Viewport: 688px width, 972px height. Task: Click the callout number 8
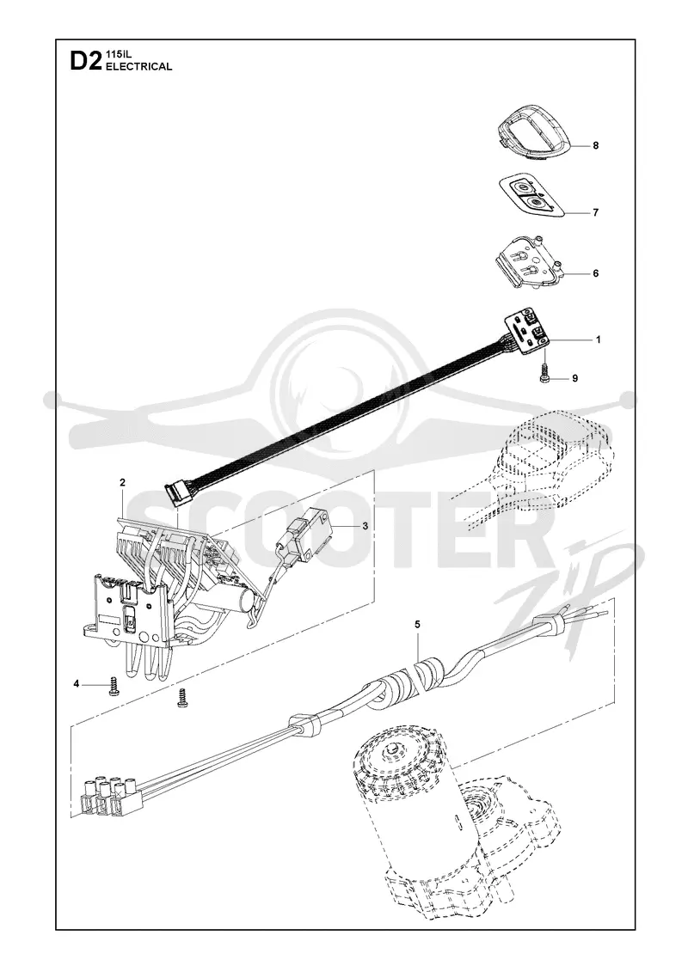tap(596, 146)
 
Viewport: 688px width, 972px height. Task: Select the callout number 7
tap(596, 212)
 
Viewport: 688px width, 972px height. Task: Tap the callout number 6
tap(596, 273)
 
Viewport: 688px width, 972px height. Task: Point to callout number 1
tap(598, 339)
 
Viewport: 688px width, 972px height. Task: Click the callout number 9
tap(575, 378)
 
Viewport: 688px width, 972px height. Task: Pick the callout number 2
tap(123, 482)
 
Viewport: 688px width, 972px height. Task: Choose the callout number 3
tap(365, 526)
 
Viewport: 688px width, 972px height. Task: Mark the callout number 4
tap(77, 684)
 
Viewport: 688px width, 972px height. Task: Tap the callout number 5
tap(417, 624)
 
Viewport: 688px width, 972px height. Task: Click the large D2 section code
tap(85, 61)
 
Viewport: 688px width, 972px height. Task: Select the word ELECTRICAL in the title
tap(139, 67)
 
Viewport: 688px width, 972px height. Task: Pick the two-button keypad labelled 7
tap(532, 196)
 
